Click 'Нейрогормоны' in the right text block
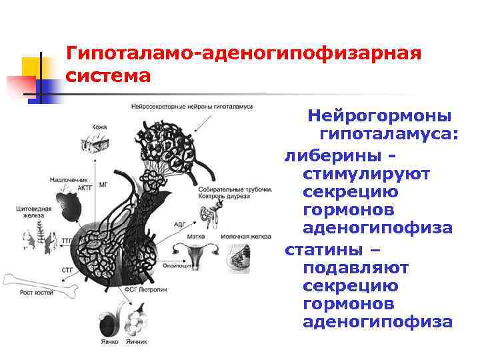[379, 115]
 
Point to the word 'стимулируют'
[366, 173]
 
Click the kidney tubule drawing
[214, 214]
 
